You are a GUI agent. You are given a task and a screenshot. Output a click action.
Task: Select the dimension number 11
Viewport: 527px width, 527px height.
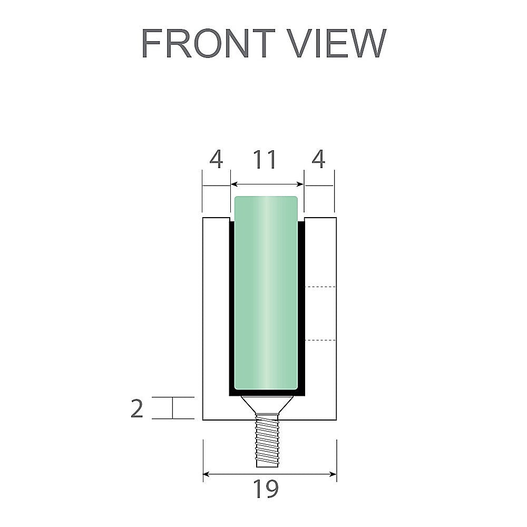265,160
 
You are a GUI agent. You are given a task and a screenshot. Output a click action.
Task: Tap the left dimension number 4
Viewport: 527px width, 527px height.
216,160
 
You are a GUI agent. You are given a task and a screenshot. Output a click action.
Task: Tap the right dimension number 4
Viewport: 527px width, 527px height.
318,160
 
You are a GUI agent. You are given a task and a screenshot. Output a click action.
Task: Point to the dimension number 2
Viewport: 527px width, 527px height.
136,409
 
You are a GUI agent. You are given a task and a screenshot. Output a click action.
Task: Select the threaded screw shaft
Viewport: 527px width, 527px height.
267,440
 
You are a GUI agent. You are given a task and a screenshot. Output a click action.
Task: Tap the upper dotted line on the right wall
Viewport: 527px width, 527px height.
321,287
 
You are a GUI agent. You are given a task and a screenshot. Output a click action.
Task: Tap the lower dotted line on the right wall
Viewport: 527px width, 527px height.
321,340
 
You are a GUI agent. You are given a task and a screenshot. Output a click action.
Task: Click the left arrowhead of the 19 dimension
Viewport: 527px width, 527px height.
206,474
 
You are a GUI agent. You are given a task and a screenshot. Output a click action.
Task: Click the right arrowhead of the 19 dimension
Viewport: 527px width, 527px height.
334,474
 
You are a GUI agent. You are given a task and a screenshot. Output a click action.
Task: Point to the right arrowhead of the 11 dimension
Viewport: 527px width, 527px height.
301,184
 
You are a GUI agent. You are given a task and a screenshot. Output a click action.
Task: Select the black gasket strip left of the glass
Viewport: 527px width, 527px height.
231,306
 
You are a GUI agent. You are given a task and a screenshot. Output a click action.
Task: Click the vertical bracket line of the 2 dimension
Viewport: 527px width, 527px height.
172,408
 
